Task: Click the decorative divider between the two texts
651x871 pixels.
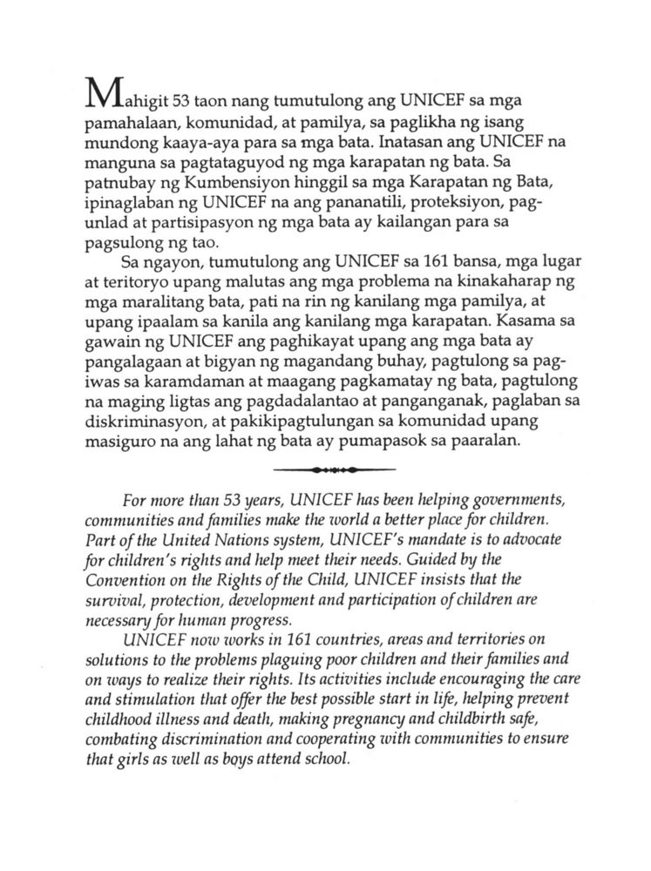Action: (325, 471)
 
